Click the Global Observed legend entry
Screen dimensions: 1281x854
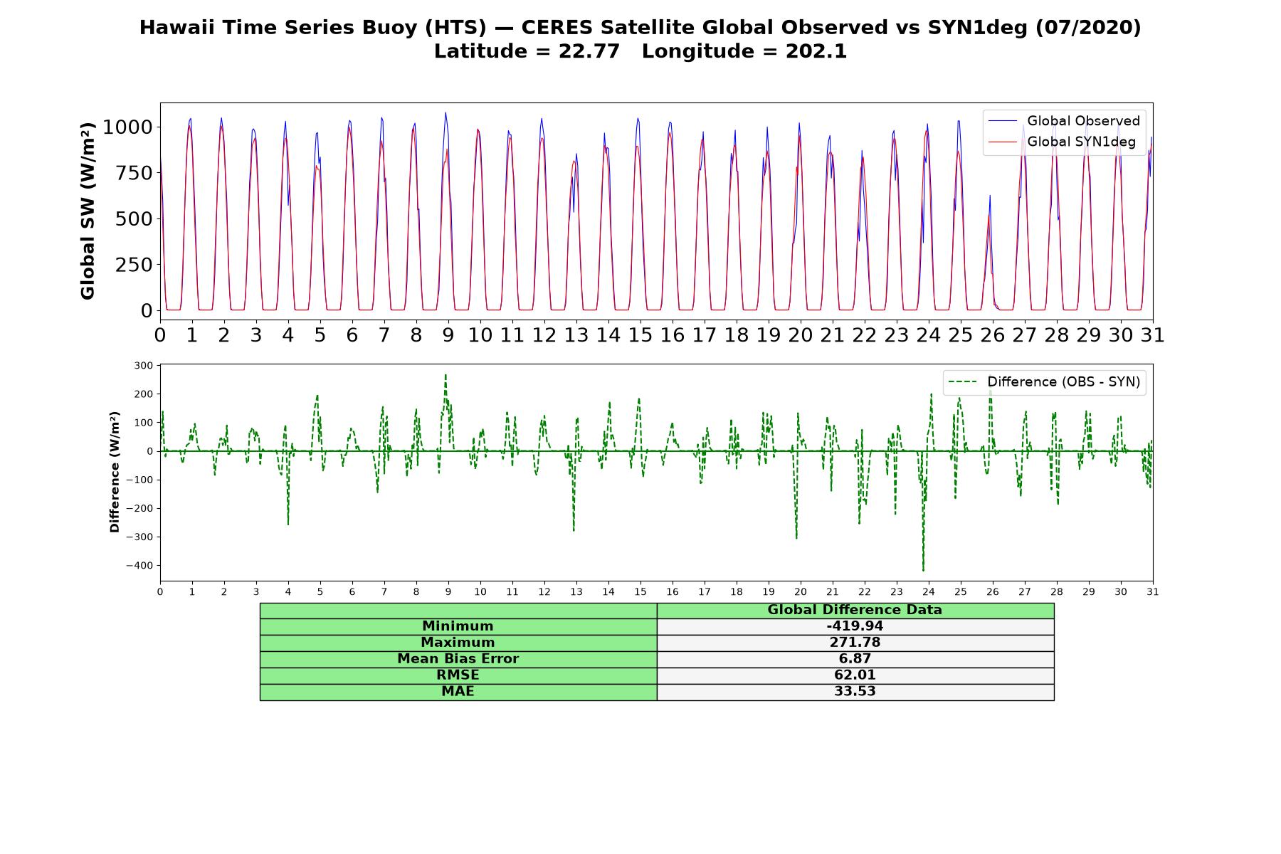1065,121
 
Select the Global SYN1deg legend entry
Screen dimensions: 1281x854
1062,142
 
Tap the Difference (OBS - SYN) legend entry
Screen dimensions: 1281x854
1045,382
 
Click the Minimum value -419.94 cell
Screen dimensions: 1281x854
855,626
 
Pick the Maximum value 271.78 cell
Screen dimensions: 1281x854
855,643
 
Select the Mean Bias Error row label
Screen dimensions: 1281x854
458,659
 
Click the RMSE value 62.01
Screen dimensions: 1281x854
855,675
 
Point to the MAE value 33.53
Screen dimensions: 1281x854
855,692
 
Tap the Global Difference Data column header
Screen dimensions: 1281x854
855,610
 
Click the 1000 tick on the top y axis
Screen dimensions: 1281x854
128,127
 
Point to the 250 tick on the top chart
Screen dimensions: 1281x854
135,265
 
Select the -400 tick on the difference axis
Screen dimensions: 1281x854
139,566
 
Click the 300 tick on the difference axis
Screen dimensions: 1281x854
144,366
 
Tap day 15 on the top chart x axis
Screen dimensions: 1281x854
640,335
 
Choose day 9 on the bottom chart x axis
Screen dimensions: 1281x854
448,592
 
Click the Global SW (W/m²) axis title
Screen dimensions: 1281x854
88,211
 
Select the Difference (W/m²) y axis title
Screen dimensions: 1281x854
115,472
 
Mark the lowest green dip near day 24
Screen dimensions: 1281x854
923,570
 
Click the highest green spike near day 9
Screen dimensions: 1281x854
446,374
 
